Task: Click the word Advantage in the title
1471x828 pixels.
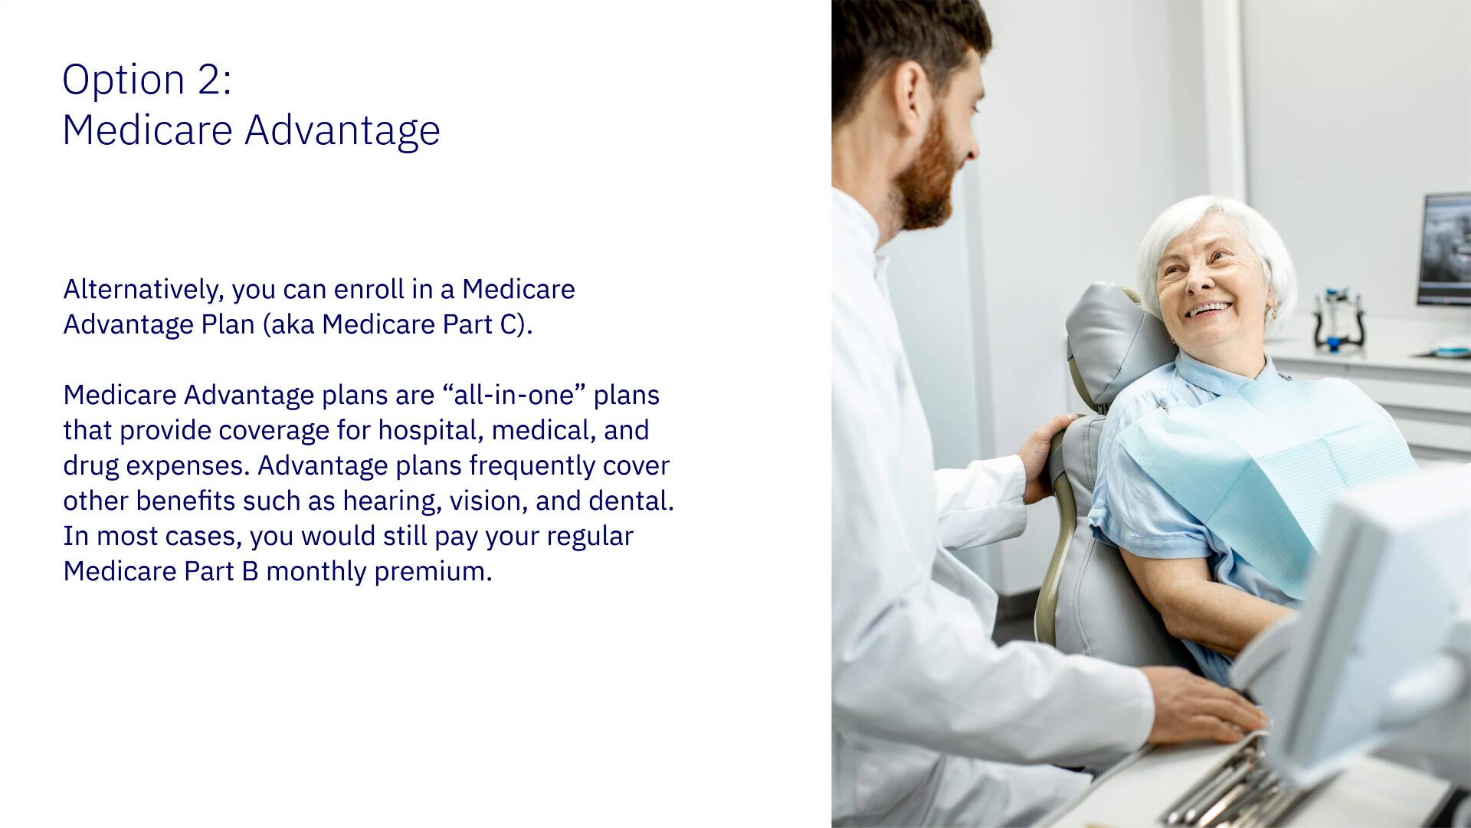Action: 342,130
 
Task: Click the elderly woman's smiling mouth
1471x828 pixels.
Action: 1209,310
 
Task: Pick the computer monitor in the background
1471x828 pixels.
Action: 1444,249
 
